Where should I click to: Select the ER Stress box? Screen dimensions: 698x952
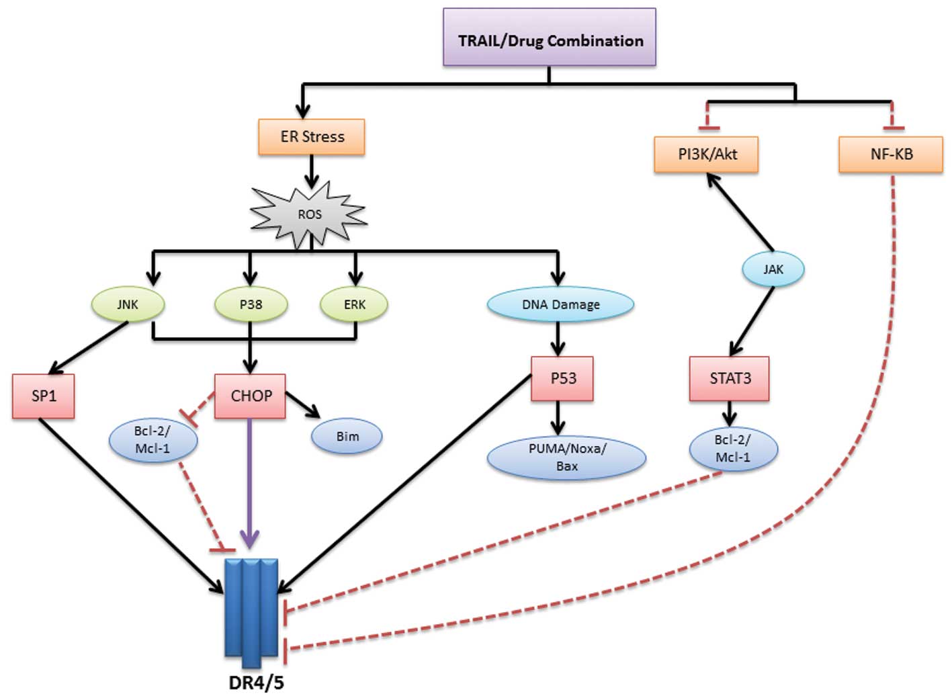tap(312, 137)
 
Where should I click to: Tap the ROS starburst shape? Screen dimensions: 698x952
tap(309, 214)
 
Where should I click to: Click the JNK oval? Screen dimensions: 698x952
tap(128, 304)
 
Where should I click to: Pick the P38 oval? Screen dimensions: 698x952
tap(251, 304)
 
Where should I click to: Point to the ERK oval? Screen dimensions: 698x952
tap(355, 304)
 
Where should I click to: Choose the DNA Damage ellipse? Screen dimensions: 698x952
tap(560, 304)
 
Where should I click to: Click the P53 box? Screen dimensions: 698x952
tap(562, 379)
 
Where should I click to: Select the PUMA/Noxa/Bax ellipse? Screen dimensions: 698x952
tap(566, 457)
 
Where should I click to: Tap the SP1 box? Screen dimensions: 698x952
tap(44, 396)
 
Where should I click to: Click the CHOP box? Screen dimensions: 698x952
tap(251, 396)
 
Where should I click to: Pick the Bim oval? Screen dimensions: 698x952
tap(347, 437)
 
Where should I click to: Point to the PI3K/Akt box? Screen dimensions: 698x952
tap(707, 155)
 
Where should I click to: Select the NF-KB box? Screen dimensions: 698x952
tap(891, 155)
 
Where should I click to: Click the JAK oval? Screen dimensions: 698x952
tap(773, 269)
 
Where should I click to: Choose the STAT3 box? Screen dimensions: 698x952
tap(730, 379)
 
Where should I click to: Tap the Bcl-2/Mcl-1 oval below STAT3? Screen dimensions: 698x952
tap(733, 449)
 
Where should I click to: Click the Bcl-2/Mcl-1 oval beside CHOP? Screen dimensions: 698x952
tap(153, 440)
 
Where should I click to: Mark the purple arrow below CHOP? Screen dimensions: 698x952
tap(250, 484)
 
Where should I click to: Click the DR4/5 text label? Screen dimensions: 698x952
tap(256, 683)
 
